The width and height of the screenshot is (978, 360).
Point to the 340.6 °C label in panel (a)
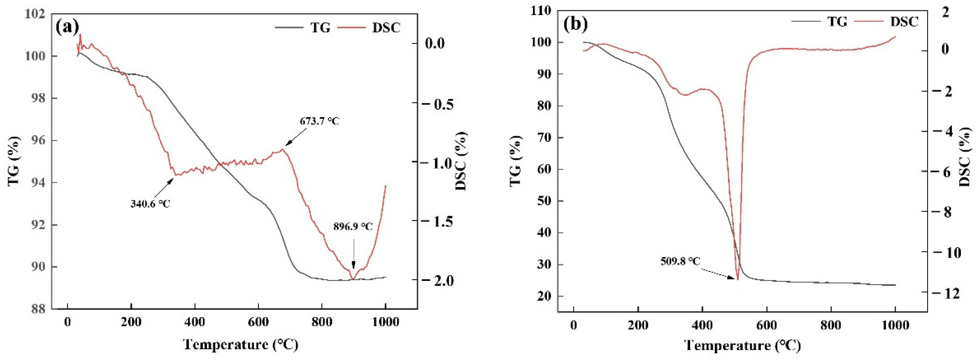(x=150, y=204)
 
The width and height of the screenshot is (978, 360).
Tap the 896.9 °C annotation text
(x=353, y=227)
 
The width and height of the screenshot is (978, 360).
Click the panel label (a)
(x=67, y=27)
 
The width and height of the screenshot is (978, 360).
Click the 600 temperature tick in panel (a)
(x=258, y=322)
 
